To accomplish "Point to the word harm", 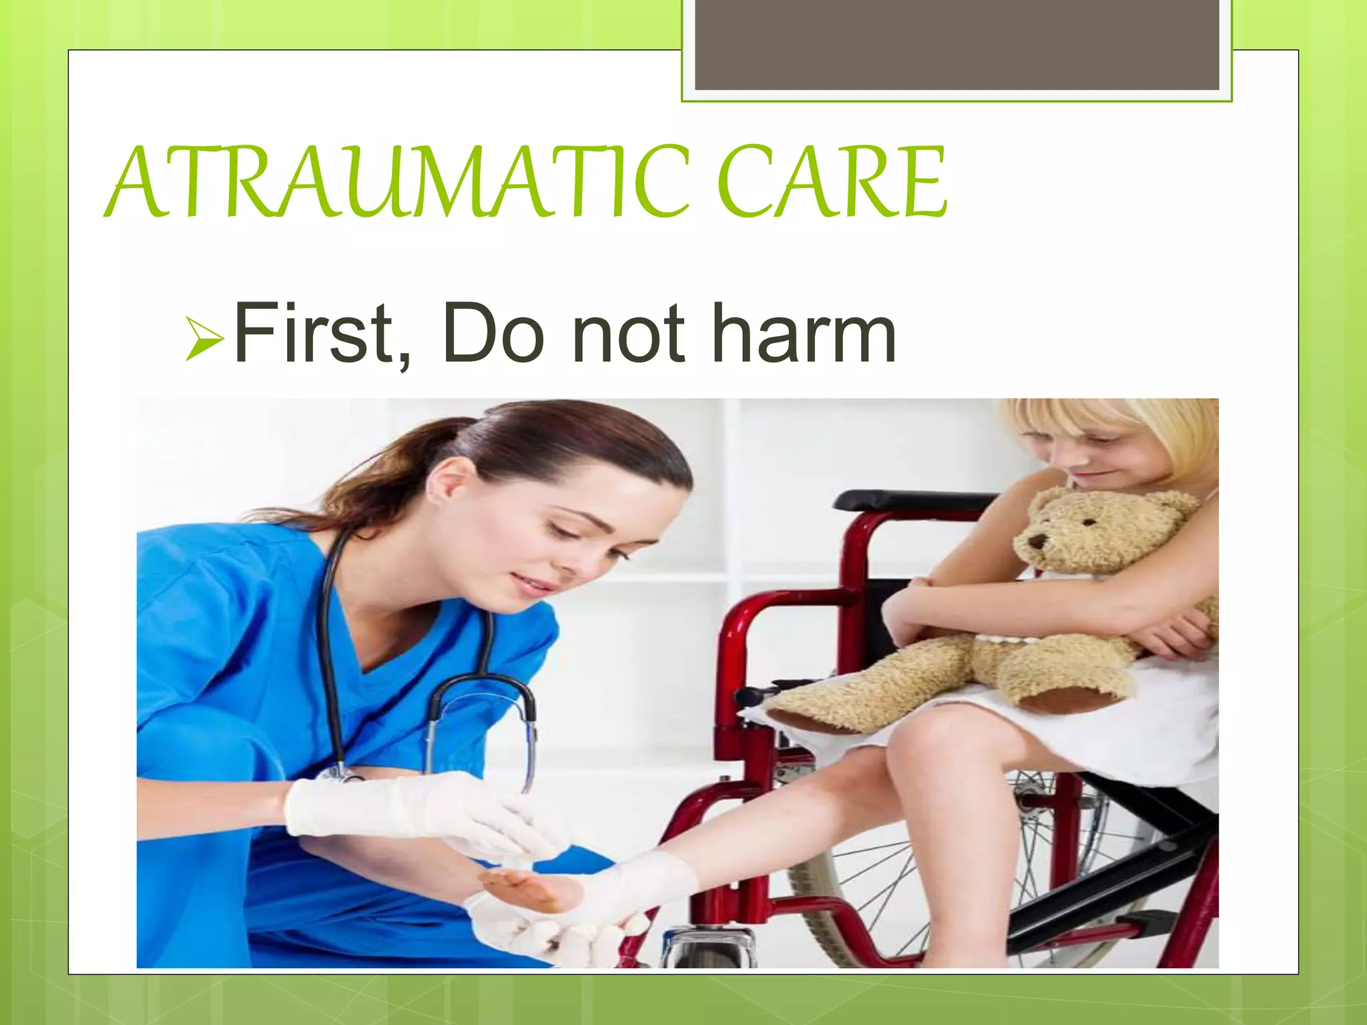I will click(x=804, y=333).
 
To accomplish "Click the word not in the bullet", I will click(x=628, y=333).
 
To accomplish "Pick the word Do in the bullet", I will click(x=493, y=333).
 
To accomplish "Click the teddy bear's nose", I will click(x=1037, y=540).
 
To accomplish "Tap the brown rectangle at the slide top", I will click(x=956, y=45).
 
